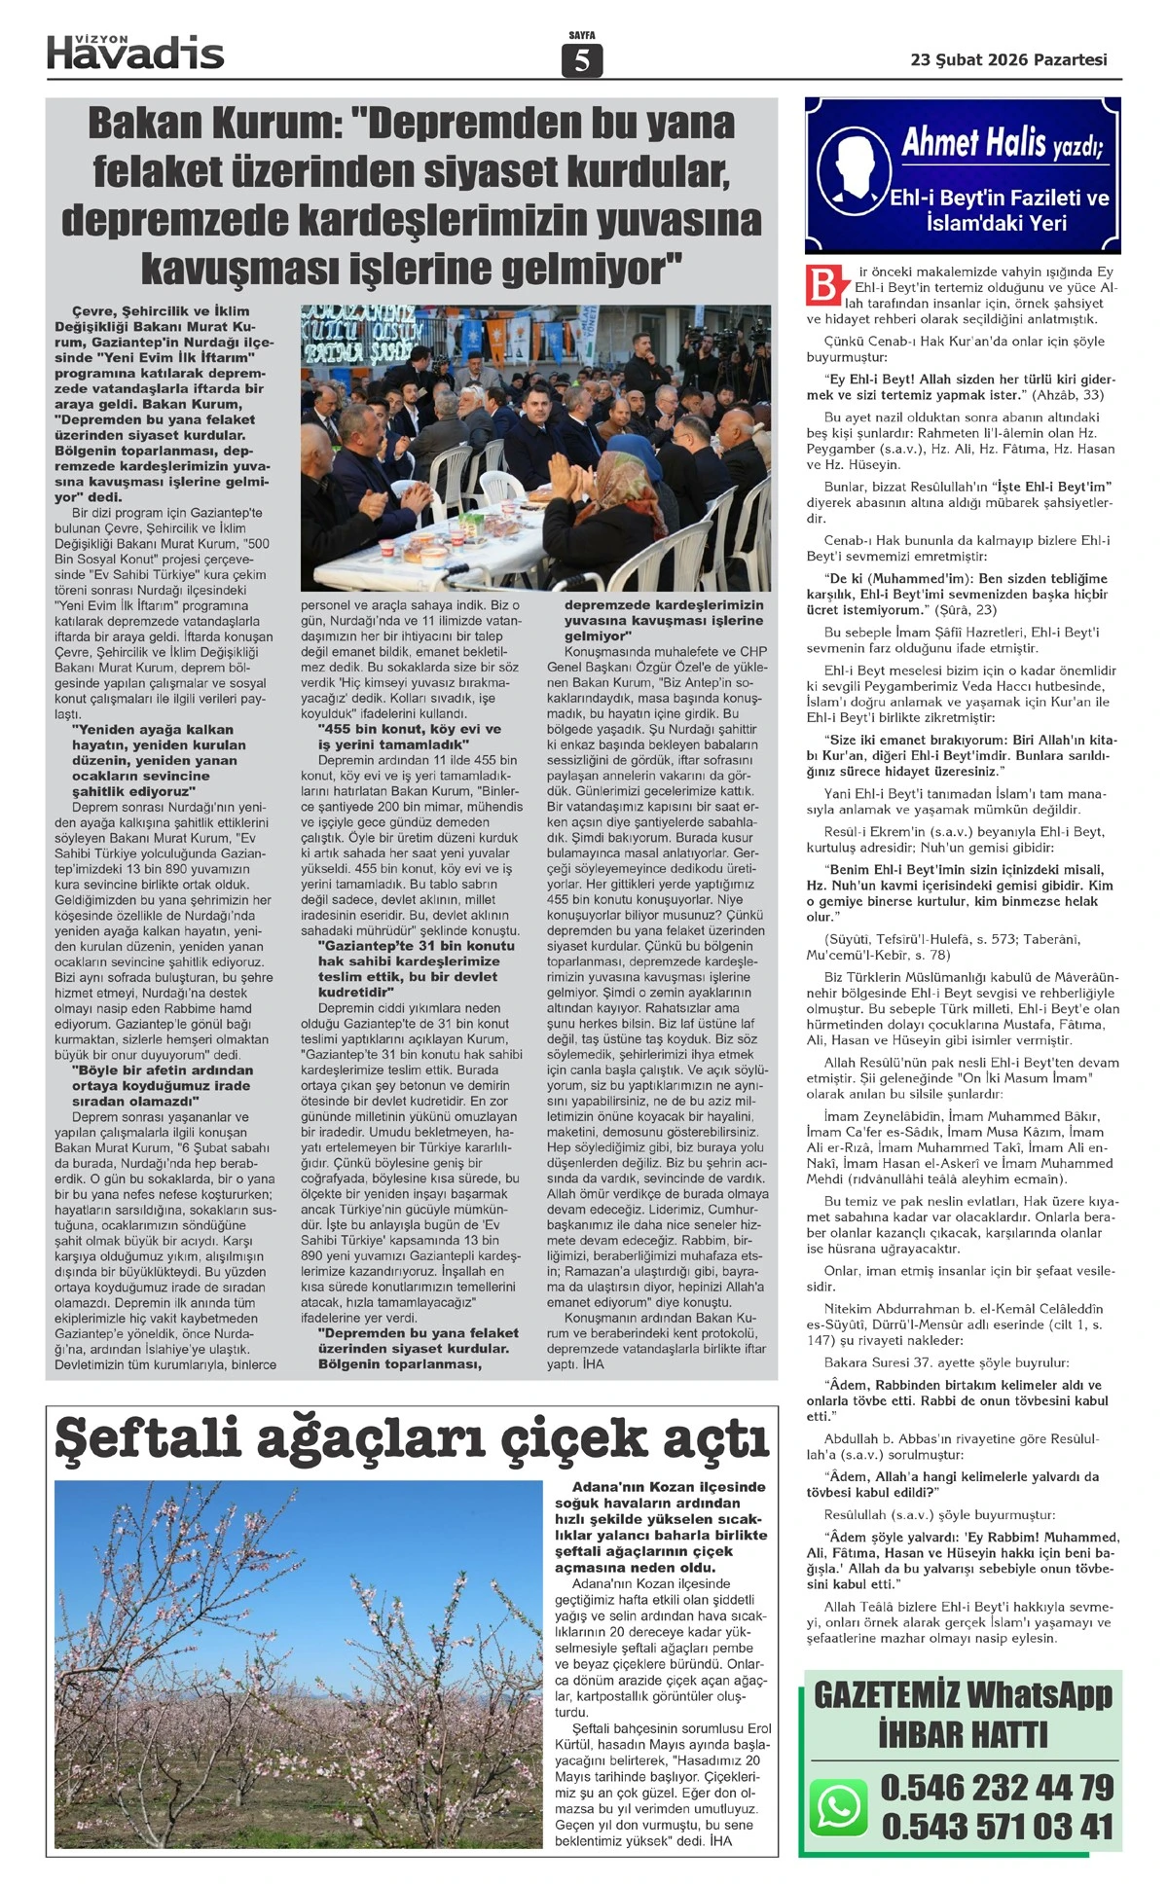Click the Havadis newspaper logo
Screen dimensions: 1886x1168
(135, 52)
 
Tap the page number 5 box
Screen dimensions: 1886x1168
(582, 61)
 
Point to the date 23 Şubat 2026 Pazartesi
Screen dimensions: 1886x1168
(1008, 59)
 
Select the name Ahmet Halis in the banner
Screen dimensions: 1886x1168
(973, 143)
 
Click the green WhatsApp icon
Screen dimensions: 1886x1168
(838, 1807)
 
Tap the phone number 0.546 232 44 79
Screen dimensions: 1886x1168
(997, 1787)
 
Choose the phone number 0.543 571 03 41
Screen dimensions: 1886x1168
(997, 1827)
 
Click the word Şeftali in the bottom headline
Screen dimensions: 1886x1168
(147, 1438)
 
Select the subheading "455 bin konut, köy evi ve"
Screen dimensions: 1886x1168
(409, 728)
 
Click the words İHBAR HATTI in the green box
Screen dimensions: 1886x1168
(963, 1734)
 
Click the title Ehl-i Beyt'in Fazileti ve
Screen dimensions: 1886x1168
(999, 199)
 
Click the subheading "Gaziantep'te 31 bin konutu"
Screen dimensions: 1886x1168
(416, 945)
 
